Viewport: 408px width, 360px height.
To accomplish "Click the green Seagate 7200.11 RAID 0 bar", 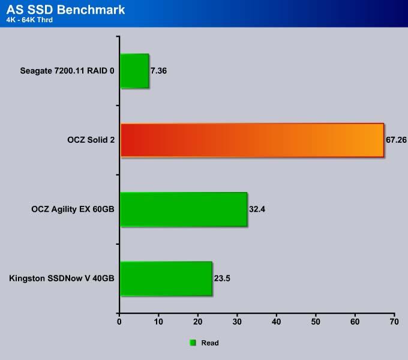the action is (134, 71).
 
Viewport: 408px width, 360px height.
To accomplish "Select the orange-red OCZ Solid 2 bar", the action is (252, 140).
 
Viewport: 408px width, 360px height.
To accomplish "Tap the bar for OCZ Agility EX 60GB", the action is (184, 209).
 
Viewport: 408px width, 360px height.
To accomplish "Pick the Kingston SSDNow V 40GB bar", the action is (166, 278).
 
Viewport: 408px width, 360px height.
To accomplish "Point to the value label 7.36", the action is (158, 71).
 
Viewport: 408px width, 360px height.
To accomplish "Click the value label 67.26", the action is (396, 140).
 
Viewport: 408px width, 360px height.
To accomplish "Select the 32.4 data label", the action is (257, 209).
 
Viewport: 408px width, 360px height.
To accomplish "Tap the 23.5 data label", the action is (222, 278).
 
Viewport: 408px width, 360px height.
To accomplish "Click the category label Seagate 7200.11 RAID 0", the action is (67, 71).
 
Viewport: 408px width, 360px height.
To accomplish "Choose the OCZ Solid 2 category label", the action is (91, 140).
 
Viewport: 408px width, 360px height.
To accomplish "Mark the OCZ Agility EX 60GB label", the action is (73, 209).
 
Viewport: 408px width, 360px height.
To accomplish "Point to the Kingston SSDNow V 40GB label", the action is (62, 278).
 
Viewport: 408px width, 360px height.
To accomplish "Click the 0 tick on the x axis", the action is (119, 322).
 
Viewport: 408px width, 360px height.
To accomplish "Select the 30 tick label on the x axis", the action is (237, 322).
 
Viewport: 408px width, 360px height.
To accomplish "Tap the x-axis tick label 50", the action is (316, 322).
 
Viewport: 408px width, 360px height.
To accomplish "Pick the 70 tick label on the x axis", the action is (394, 322).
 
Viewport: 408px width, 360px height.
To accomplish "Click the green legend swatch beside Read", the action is (193, 343).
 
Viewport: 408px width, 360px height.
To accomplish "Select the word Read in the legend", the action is (210, 343).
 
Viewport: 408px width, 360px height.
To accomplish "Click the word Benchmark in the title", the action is (91, 10).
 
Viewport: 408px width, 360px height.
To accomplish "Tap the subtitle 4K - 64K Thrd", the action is (29, 20).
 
